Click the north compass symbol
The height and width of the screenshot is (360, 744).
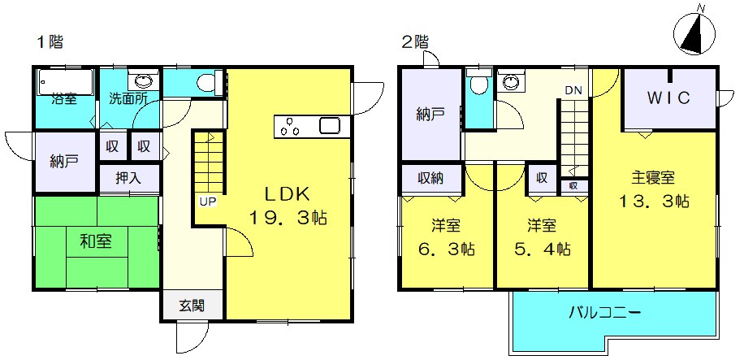(694, 33)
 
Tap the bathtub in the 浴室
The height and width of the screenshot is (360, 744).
(66, 81)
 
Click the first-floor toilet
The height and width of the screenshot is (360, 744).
(207, 82)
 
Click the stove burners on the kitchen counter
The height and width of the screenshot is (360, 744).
(290, 128)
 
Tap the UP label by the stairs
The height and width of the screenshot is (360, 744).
(207, 202)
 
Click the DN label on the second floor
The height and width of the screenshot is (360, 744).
(573, 91)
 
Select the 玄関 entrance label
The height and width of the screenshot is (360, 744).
(192, 306)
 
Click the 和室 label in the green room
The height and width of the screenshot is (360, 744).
(96, 242)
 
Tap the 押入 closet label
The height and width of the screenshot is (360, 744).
(128, 178)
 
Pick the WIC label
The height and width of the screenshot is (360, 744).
(669, 98)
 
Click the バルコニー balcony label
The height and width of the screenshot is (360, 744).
(605, 313)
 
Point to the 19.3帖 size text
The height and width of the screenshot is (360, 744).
(288, 218)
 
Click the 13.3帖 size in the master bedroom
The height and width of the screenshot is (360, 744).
(653, 202)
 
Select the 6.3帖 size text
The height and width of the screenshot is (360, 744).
(446, 249)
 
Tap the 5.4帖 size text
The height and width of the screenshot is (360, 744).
(542, 249)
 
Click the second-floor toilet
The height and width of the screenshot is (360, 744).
(479, 83)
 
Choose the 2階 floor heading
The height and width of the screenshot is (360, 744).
(415, 41)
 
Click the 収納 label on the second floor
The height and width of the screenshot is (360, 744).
(430, 179)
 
